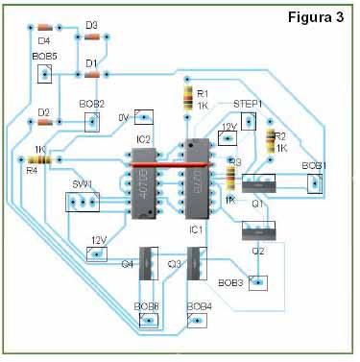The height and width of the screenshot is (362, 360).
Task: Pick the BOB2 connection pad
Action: click(x=92, y=120)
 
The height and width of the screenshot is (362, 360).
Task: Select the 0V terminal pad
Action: click(x=143, y=116)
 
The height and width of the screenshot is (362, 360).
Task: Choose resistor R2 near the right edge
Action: click(x=270, y=141)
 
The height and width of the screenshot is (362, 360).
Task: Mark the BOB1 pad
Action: click(x=314, y=183)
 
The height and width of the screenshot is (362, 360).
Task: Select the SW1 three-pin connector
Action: click(x=83, y=202)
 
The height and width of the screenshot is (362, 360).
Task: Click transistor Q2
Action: click(x=258, y=230)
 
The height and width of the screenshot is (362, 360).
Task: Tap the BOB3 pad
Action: click(x=257, y=282)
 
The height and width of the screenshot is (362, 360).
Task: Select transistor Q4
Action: click(x=147, y=263)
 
